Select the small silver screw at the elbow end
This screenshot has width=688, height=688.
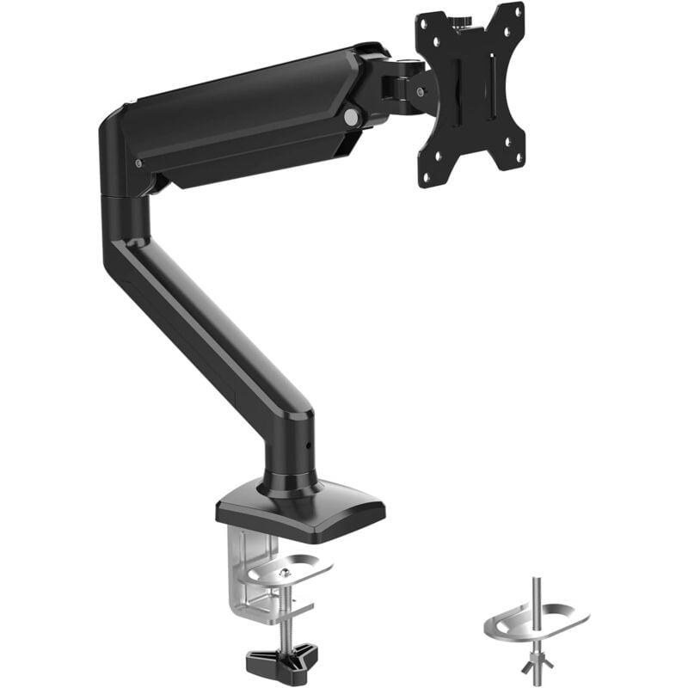point(138,163)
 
